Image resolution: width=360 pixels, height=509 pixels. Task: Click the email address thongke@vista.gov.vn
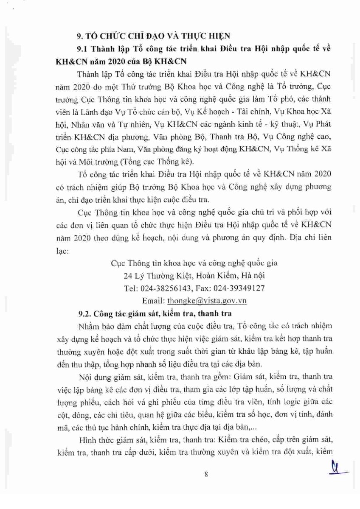pyautogui.click(x=207, y=300)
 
